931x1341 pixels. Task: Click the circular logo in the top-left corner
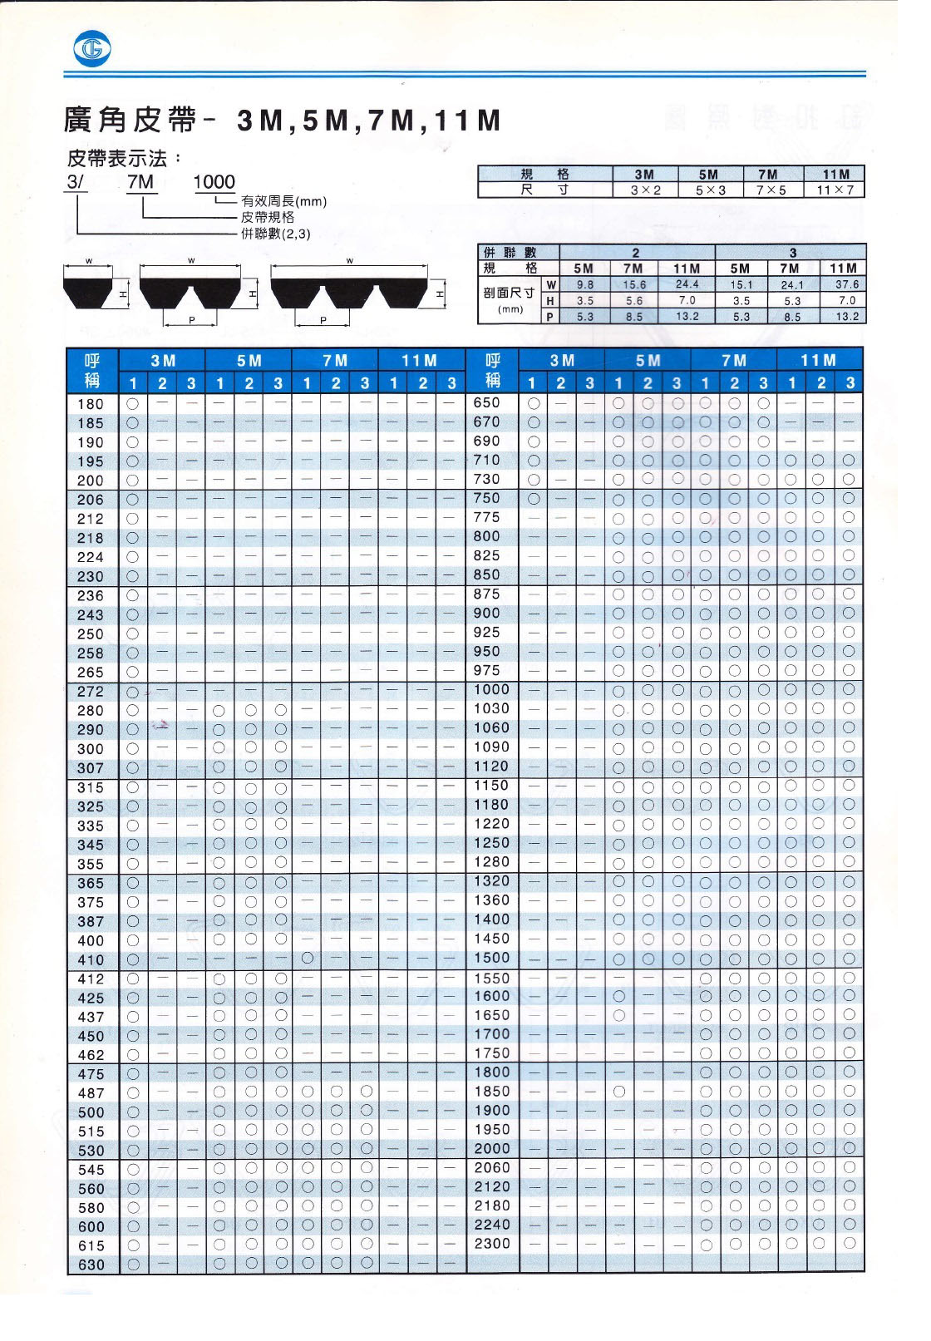point(90,51)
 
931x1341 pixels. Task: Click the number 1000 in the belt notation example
point(214,182)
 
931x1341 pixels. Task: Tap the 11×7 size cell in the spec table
point(835,190)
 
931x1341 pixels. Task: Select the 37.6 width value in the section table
point(843,284)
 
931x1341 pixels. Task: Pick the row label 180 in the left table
point(91,404)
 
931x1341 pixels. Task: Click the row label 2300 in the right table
point(492,1244)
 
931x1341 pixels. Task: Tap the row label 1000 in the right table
point(492,689)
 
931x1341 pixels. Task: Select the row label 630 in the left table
point(91,1265)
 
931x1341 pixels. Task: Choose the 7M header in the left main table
point(335,361)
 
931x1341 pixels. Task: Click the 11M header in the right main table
point(820,360)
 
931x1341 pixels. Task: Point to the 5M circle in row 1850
point(618,1091)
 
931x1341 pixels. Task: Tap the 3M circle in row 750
point(534,498)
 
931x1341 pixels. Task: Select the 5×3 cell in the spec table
point(708,190)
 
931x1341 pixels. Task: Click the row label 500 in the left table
point(91,1112)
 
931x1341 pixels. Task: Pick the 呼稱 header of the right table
point(492,371)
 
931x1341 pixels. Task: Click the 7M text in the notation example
point(141,182)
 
